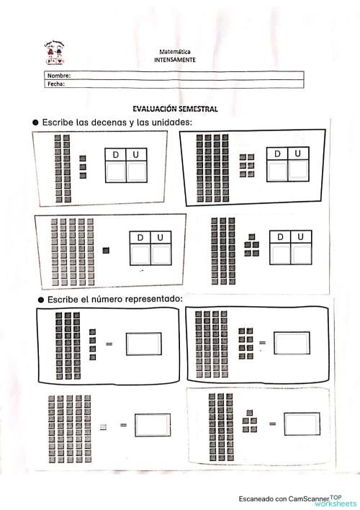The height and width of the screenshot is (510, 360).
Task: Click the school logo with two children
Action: (55, 55)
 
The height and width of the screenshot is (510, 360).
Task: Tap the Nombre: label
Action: (58, 75)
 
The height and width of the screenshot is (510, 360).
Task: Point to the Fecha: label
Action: (56, 83)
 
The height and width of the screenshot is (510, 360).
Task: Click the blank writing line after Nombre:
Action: (187, 75)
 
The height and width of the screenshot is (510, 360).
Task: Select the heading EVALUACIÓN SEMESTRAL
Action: (176, 109)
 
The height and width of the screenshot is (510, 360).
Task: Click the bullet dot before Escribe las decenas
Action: (35, 123)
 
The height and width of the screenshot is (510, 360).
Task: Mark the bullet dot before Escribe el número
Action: (35, 298)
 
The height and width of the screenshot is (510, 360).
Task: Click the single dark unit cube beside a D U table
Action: (106, 251)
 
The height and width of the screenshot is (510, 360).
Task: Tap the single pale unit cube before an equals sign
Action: (104, 426)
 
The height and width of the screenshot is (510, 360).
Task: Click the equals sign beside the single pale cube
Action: (123, 426)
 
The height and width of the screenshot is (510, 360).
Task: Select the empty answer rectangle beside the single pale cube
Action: (152, 425)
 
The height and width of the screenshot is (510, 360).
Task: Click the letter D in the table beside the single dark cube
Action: (140, 238)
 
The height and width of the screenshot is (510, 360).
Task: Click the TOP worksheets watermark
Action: (342, 499)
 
